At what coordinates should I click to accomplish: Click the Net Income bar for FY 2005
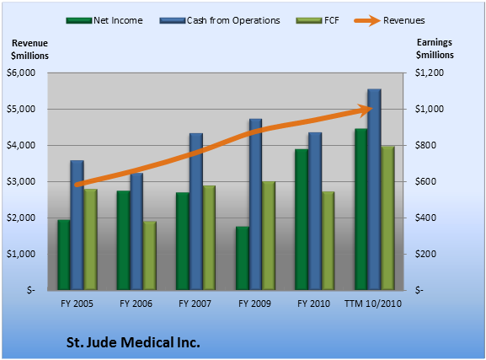(x=64, y=255)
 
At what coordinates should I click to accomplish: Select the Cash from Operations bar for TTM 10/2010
(x=374, y=190)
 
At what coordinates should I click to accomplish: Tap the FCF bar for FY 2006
(x=150, y=255)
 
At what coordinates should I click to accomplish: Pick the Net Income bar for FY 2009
(x=243, y=259)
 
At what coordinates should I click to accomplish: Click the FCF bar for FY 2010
(x=328, y=241)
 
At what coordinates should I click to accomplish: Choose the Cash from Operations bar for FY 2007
(x=196, y=212)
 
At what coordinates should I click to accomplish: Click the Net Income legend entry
(x=104, y=20)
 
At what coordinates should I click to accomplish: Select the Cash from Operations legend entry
(x=220, y=20)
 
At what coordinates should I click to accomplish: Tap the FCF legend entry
(x=318, y=20)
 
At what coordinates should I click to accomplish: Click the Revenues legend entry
(x=389, y=20)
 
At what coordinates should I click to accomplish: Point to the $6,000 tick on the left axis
(x=21, y=73)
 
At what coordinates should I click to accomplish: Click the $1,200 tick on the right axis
(x=430, y=73)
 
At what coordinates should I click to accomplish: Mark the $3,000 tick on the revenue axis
(x=21, y=181)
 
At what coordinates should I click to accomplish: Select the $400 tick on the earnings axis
(x=426, y=218)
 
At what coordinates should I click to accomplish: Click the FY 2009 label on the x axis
(x=254, y=304)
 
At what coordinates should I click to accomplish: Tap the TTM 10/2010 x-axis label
(x=373, y=304)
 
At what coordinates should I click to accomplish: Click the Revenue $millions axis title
(x=29, y=50)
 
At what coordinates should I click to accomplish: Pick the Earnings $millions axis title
(x=435, y=49)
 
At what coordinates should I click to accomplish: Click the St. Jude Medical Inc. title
(x=133, y=342)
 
